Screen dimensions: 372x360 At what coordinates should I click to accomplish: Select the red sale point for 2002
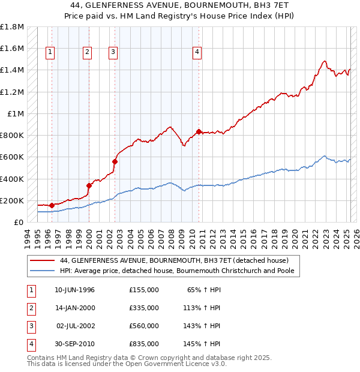click(115, 161)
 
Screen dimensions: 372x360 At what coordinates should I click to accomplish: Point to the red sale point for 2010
click(199, 131)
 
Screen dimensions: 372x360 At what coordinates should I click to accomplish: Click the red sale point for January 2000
click(89, 185)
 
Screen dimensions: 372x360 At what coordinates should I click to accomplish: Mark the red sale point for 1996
click(52, 205)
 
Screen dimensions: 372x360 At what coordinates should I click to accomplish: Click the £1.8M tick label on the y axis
click(12, 27)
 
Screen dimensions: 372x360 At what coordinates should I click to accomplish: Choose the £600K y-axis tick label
click(12, 157)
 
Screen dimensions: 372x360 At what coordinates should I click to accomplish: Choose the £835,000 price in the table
click(144, 344)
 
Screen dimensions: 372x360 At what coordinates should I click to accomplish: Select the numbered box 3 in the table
click(31, 326)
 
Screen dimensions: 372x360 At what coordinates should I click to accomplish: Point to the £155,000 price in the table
click(144, 290)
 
